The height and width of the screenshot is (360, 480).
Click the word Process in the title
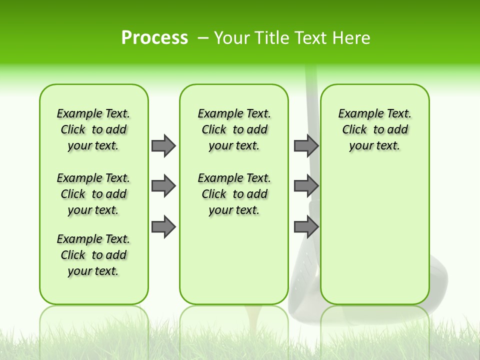click(154, 37)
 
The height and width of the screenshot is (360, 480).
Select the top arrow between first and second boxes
click(163, 145)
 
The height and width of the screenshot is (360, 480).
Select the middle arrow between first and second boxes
click(163, 186)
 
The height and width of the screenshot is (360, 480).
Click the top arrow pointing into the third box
click(306, 145)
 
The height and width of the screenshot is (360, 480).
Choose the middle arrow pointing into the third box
click(306, 186)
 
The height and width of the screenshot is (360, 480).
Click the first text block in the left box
click(93, 129)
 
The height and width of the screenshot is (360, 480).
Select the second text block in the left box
click(93, 194)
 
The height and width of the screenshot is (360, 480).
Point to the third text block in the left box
click(93, 255)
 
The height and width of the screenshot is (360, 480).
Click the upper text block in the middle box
click(234, 129)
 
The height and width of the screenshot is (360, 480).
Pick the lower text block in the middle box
click(234, 194)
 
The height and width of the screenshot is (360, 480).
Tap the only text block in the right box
click(374, 129)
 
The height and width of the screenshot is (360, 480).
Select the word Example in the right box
click(357, 114)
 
